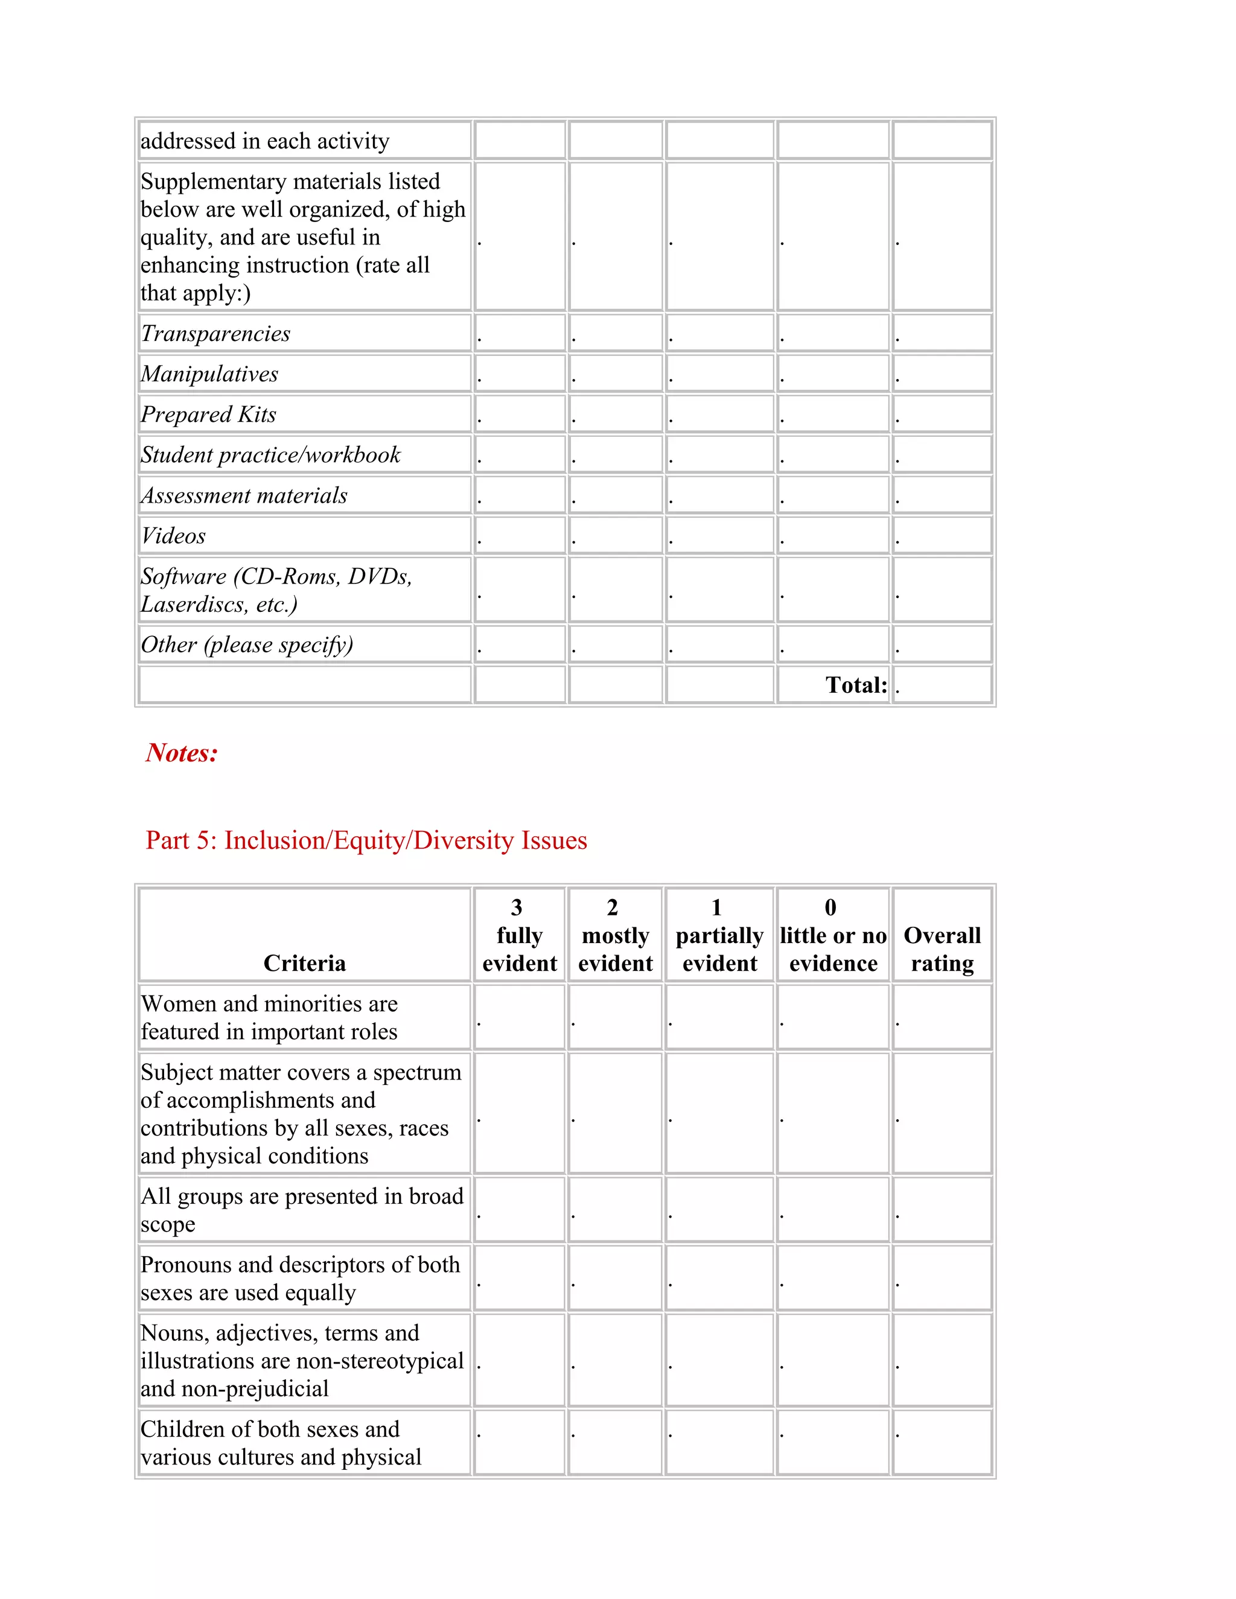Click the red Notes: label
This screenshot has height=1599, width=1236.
click(x=182, y=752)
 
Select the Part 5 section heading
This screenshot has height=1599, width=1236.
click(x=366, y=841)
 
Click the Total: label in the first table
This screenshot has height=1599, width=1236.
click(x=856, y=685)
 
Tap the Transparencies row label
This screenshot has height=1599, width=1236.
click(x=215, y=334)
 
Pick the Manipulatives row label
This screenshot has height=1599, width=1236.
click(x=209, y=374)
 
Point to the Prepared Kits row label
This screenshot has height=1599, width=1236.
click(x=209, y=415)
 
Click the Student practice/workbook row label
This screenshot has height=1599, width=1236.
click(x=270, y=456)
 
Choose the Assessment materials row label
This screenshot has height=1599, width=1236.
click(x=244, y=495)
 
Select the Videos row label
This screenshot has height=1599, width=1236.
click(x=174, y=536)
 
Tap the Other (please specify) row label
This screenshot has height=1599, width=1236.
click(x=247, y=645)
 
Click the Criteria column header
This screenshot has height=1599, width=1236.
click(x=305, y=964)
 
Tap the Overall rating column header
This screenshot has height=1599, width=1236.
click(x=941, y=949)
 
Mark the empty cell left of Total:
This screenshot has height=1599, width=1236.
click(x=719, y=685)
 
